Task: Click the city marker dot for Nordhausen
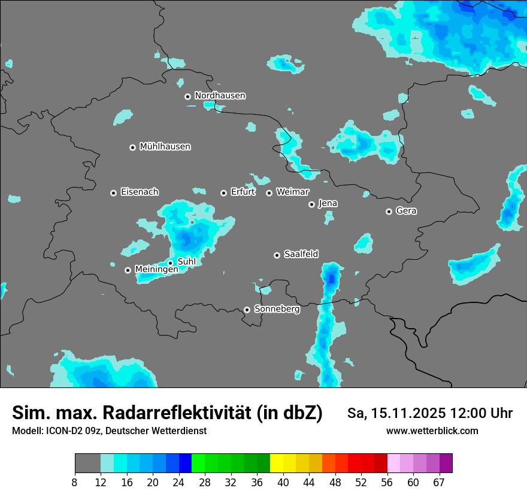[x=187, y=96]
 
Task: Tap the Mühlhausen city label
[x=165, y=147]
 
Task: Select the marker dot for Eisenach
[x=113, y=193]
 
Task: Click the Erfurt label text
[x=243, y=192]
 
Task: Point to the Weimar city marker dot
[x=269, y=193]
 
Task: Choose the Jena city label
[x=328, y=204]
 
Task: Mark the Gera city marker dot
[x=389, y=211]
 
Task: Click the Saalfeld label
[x=301, y=254]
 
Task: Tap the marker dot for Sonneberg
[x=247, y=310]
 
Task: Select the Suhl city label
[x=187, y=262]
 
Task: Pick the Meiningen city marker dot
[x=128, y=270]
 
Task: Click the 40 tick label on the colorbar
[x=283, y=483]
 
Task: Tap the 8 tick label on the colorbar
[x=74, y=483]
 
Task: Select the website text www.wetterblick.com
[x=432, y=431]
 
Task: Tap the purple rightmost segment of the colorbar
[x=446, y=463]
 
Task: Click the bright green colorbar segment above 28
[x=198, y=463]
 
